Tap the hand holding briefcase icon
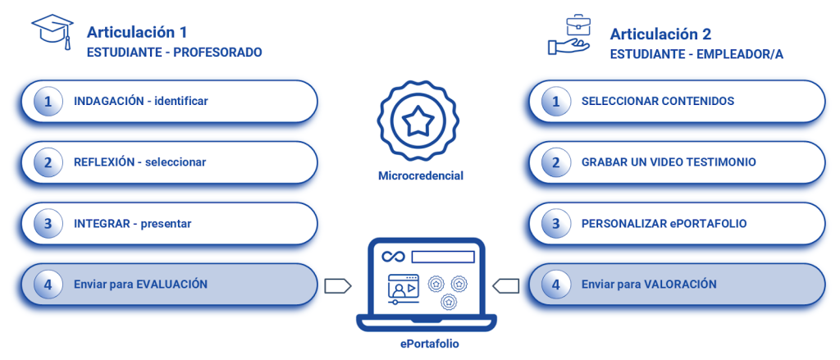tap(568, 37)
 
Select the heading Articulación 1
tap(137, 33)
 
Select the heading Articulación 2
tap(660, 34)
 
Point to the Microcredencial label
tap(420, 175)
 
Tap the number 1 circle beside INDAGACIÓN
tap(48, 102)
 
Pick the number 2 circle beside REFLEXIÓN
tap(48, 162)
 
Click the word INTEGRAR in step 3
tap(101, 223)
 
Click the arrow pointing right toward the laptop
tap(338, 285)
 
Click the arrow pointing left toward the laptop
tap(505, 285)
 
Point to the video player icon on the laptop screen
tap(402, 288)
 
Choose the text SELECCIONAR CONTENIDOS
tap(657, 102)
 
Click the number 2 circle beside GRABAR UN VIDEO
tap(556, 162)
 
